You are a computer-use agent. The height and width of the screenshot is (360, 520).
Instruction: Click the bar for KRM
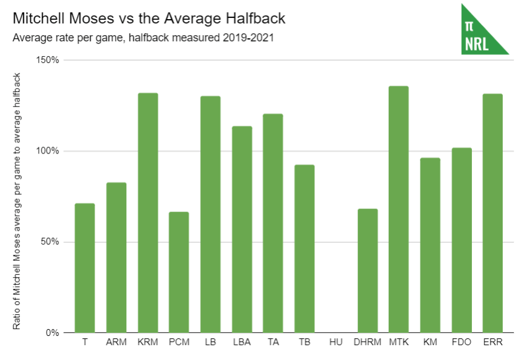(x=148, y=213)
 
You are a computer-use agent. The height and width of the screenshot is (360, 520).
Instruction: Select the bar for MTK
(x=399, y=210)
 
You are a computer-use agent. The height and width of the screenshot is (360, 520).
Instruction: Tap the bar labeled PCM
(x=179, y=272)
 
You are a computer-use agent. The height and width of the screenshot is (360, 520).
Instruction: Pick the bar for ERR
(x=492, y=213)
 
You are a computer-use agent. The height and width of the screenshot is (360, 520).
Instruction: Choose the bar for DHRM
(x=367, y=271)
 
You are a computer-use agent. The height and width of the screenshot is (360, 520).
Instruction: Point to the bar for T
(x=85, y=268)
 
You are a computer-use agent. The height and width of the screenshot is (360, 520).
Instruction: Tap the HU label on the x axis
(x=336, y=340)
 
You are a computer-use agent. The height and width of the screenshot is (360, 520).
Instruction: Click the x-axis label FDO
(x=461, y=340)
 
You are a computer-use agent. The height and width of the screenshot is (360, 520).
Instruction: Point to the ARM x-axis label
(x=116, y=340)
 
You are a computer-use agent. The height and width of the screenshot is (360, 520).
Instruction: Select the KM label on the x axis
(x=430, y=340)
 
